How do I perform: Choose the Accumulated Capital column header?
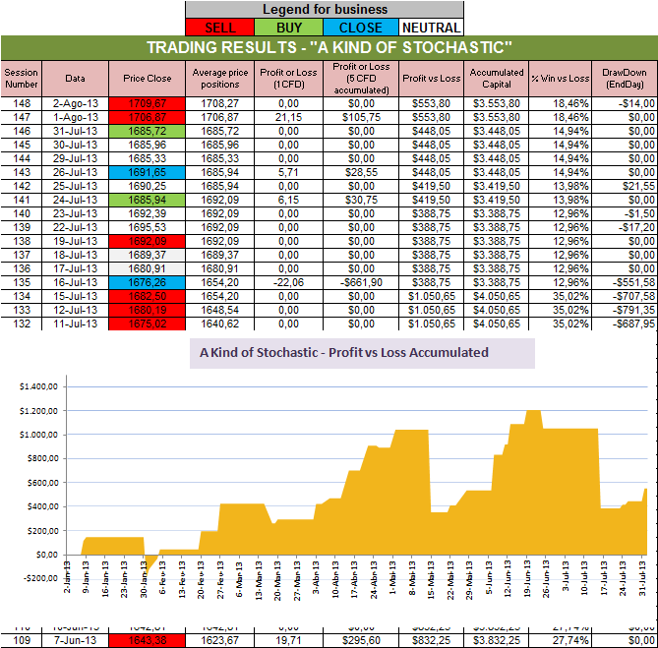(497, 78)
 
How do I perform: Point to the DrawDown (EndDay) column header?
(625, 78)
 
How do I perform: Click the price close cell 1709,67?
(149, 101)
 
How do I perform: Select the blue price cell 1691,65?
(149, 170)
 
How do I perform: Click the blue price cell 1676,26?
(149, 280)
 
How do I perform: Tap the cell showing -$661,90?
(362, 280)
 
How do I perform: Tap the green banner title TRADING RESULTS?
(329, 48)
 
